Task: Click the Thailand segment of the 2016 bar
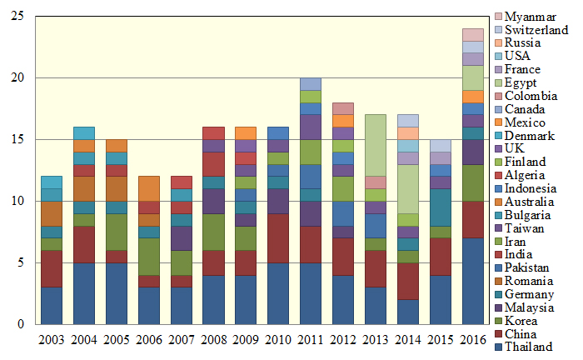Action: [472, 281]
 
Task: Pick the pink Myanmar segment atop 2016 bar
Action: [472, 35]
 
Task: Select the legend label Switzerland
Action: [536, 30]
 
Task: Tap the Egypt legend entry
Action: [521, 82]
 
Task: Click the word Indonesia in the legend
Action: [532, 188]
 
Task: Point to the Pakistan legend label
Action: [528, 267]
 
